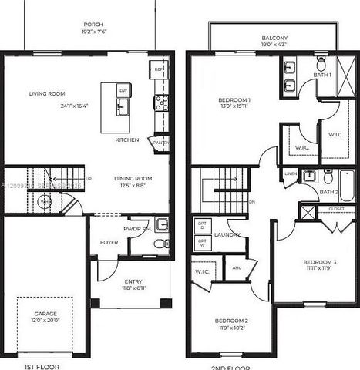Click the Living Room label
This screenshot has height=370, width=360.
46,94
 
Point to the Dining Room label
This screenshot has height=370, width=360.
133,179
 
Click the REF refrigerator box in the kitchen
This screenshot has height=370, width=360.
159,69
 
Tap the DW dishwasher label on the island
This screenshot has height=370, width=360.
123,91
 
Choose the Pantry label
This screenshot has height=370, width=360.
161,143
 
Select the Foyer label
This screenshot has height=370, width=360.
109,242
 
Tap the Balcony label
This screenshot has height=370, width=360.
274,37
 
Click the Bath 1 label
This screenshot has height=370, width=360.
322,75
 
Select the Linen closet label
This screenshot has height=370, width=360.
290,174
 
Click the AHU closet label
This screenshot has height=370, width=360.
237,268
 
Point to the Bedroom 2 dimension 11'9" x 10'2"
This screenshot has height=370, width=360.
230,328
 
